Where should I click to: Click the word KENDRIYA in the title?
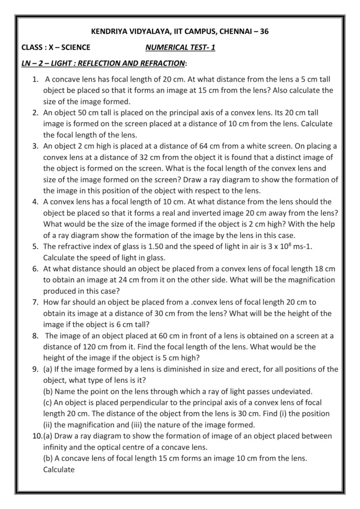tap(108, 32)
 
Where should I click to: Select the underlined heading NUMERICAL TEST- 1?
tap(180, 47)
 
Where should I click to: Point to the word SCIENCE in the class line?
tap(73, 47)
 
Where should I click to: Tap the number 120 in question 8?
tap(94, 347)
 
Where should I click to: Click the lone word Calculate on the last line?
tap(59, 469)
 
